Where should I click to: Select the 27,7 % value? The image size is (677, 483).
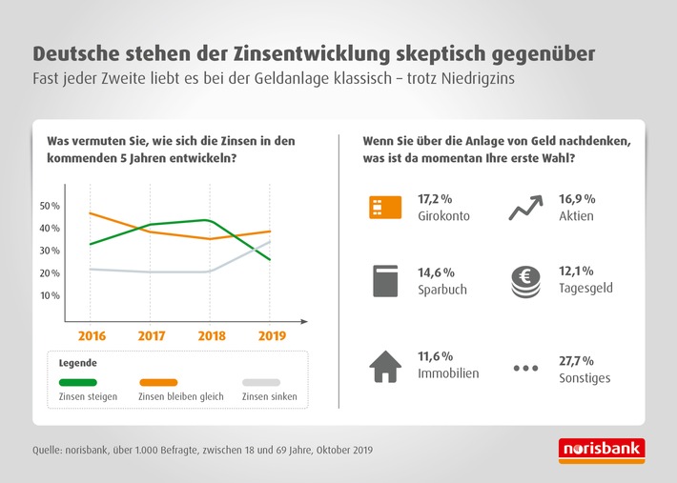[575, 360]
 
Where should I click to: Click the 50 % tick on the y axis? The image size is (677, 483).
[50, 206]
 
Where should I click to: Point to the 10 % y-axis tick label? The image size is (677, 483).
[50, 295]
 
